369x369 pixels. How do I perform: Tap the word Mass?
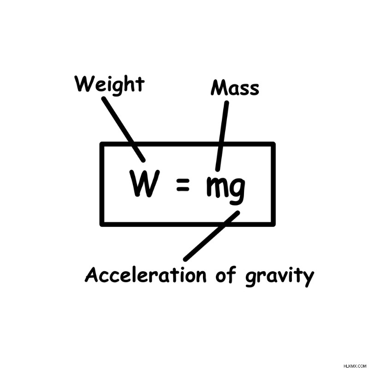(235, 88)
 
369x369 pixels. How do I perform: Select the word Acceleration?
(146, 274)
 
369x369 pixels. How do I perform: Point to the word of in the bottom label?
(226, 274)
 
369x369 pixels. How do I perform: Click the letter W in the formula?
(144, 183)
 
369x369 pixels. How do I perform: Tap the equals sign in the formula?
(183, 184)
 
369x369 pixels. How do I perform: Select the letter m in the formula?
(217, 187)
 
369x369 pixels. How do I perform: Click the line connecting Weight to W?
(123, 130)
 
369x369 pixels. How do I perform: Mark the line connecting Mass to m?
(222, 136)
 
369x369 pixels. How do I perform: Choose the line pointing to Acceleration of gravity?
(211, 236)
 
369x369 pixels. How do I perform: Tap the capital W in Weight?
(84, 84)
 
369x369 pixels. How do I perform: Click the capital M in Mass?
(220, 88)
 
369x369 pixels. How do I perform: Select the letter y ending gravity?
(308, 279)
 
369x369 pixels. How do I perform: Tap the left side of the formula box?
(102, 184)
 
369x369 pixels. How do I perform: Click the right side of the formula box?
(273, 184)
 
